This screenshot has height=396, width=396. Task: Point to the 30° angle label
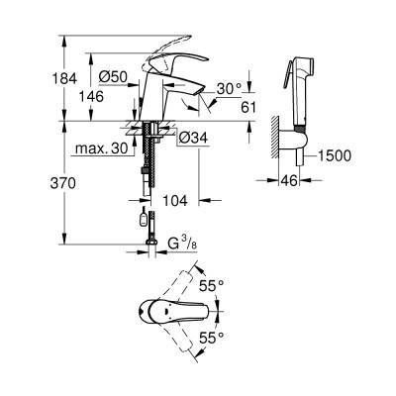(x=229, y=87)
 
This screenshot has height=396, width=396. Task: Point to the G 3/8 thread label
(x=181, y=240)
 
